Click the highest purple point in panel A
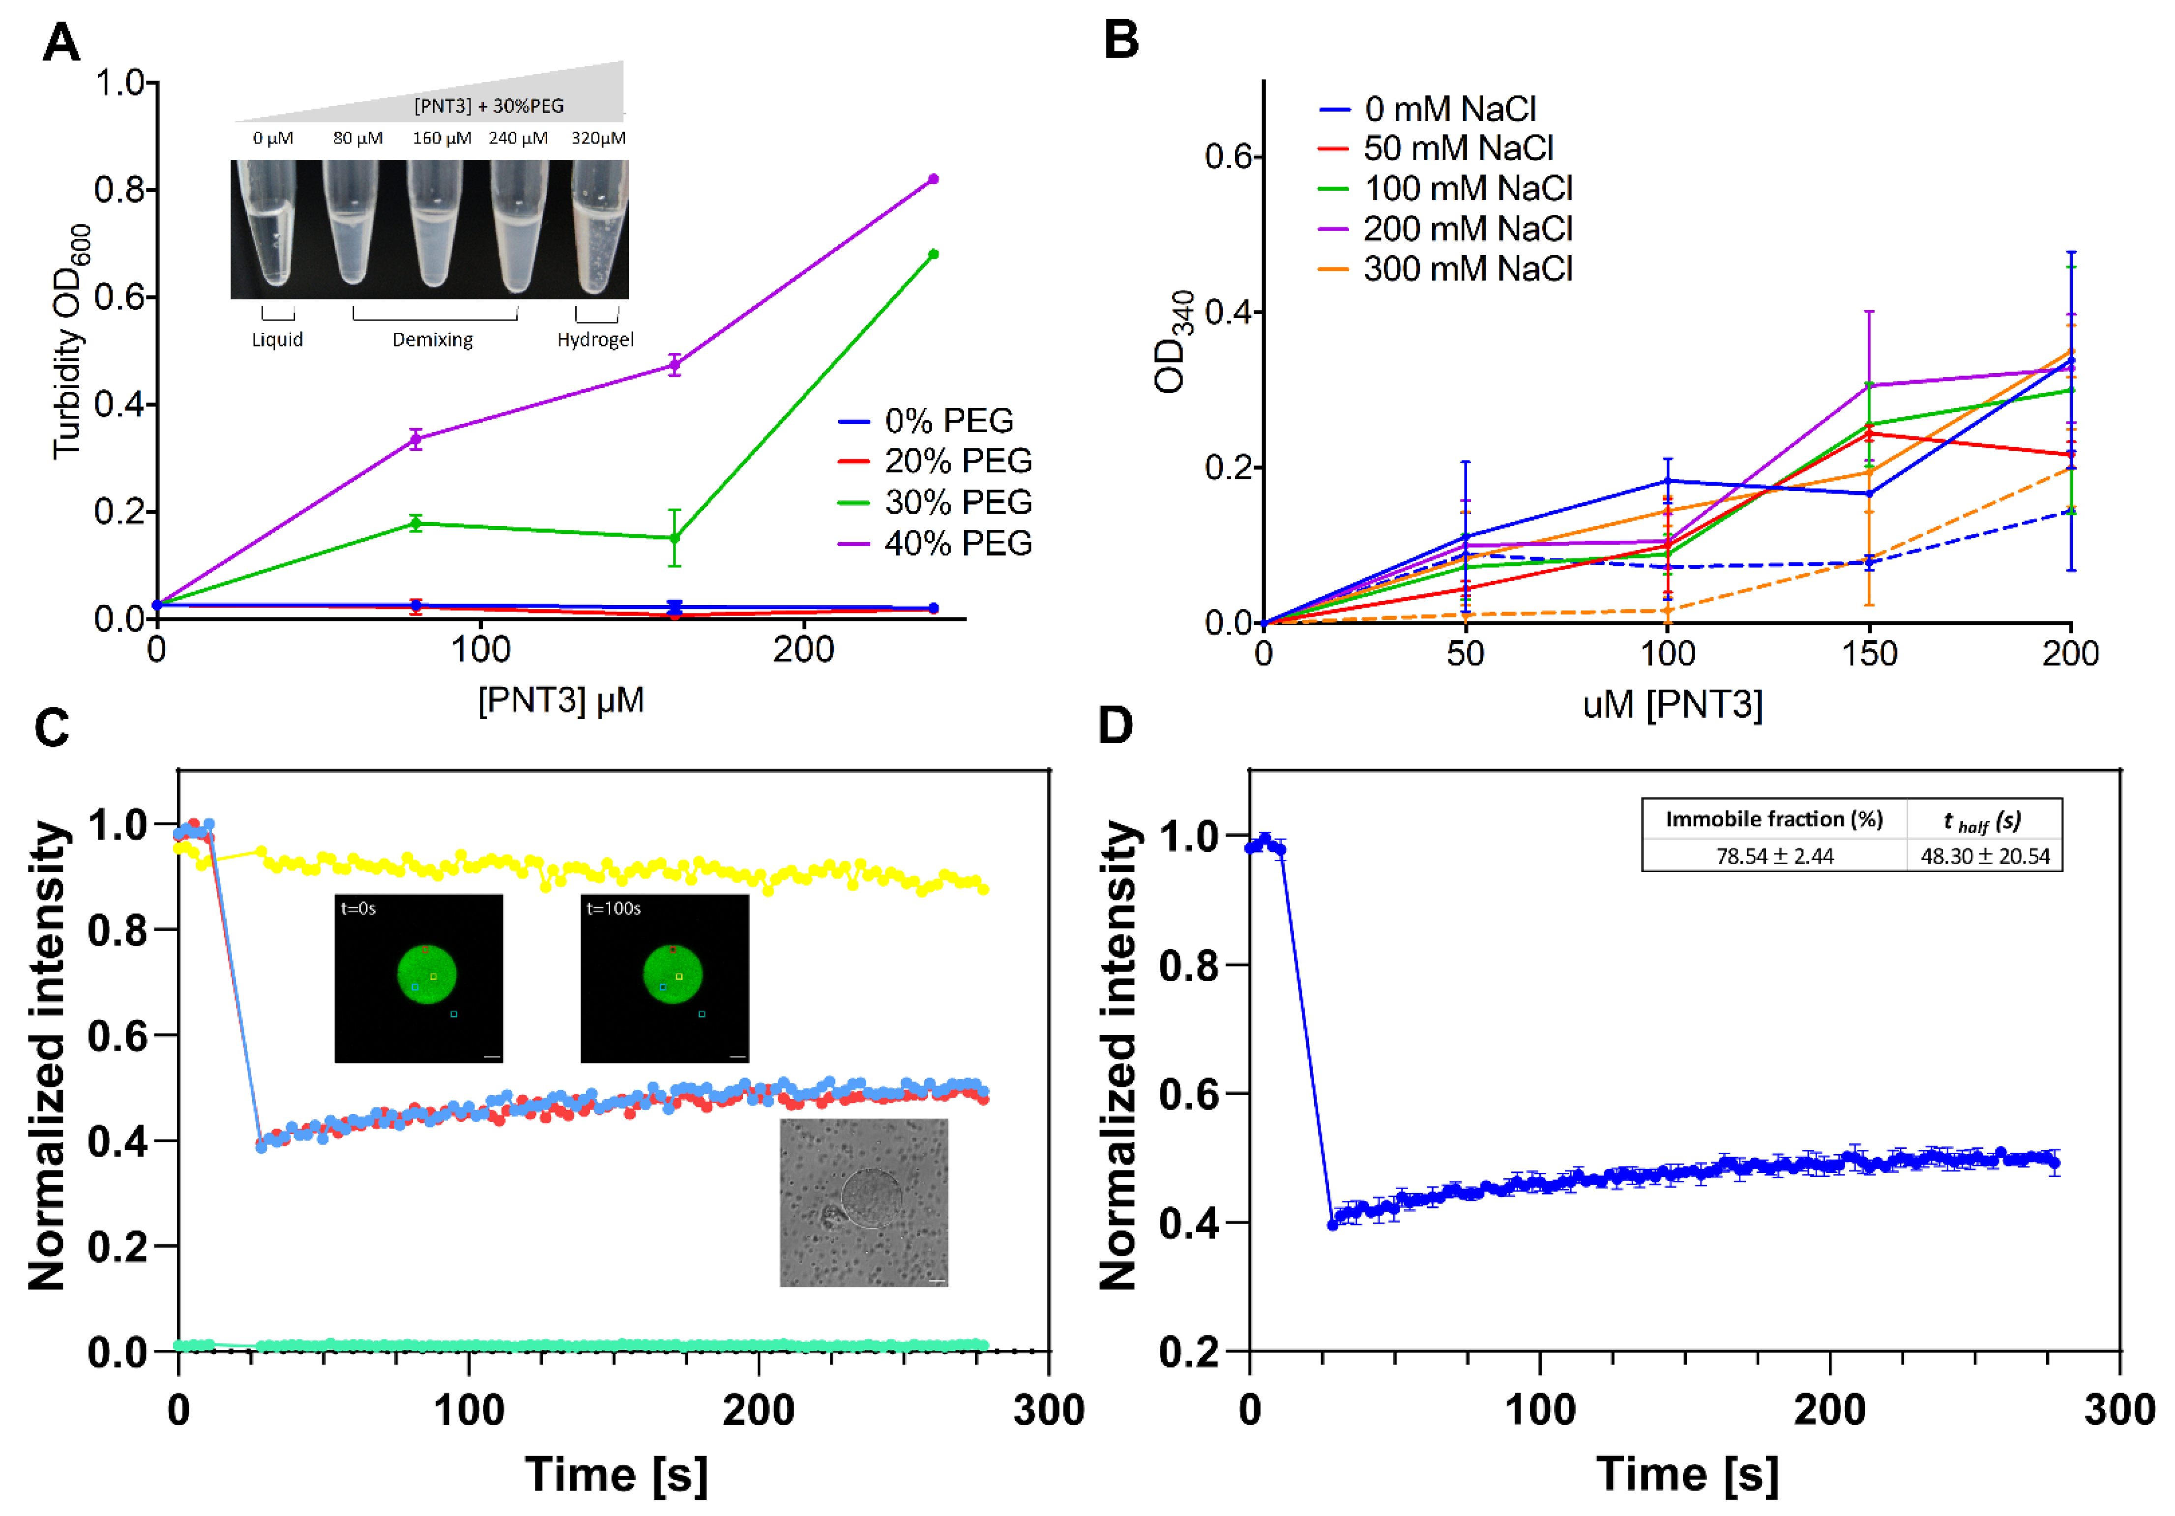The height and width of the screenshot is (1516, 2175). coord(933,179)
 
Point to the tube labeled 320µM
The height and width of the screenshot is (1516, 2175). coord(599,229)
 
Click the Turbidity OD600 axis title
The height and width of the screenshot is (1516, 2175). coord(72,341)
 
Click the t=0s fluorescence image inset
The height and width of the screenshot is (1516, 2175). coord(419,978)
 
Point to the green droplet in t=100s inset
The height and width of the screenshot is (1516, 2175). coord(673,975)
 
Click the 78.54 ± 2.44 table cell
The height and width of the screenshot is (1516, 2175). coord(1774,856)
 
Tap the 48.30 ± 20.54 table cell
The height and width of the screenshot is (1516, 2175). coord(1985,856)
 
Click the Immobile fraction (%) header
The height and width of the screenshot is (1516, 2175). coord(1774,819)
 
